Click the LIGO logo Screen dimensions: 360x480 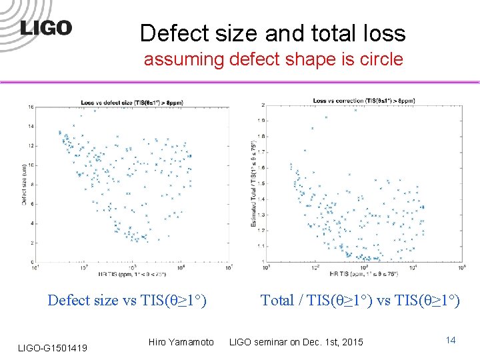(x=46, y=28)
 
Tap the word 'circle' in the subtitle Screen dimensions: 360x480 (x=380, y=59)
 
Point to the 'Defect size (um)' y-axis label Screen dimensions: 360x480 (x=25, y=185)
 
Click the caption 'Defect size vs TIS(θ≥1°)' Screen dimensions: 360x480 (x=127, y=301)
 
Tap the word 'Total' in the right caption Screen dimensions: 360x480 (x=277, y=301)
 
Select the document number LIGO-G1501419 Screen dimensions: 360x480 (x=53, y=347)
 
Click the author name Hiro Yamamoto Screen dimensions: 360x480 (x=181, y=342)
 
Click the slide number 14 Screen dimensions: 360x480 (x=451, y=341)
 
